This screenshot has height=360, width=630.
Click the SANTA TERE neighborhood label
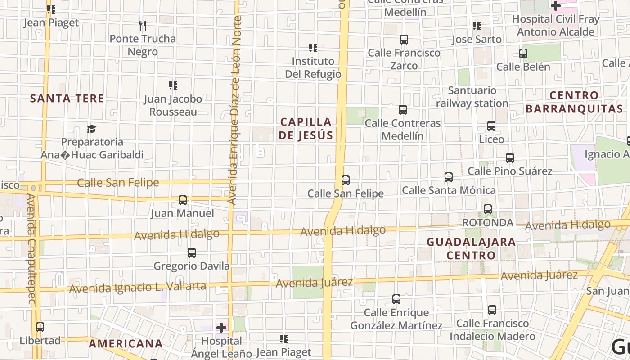67,98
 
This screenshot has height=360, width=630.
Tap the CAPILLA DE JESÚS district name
306,128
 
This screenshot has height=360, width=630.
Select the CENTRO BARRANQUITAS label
574,102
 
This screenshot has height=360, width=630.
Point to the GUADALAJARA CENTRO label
471,248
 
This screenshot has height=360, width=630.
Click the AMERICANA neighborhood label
126,344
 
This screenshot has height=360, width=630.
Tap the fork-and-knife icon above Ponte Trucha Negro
143,25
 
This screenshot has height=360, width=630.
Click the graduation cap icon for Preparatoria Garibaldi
92,129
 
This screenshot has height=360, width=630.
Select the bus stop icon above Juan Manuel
183,200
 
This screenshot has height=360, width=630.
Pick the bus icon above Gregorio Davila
192,253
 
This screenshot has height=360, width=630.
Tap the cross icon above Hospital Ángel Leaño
221,328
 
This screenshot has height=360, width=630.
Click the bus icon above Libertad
40,327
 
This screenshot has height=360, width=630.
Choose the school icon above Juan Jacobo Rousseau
173,85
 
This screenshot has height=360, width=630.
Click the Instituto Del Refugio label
313,67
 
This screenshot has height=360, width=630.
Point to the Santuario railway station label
472,97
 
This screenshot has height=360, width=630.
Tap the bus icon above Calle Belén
523,54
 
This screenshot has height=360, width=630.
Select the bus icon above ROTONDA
488,209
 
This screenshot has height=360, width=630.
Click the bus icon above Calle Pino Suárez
510,158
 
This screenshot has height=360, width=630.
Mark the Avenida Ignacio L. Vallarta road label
138,287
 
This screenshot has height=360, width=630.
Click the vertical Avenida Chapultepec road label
31,250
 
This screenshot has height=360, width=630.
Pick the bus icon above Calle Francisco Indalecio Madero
492,310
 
